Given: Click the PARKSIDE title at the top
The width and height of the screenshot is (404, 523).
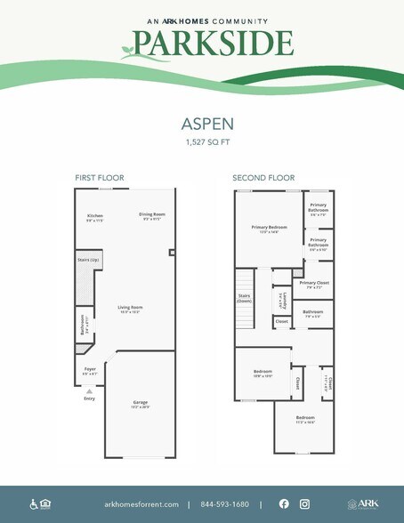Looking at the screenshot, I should coord(213,43).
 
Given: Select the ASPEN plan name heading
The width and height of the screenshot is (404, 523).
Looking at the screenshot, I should coord(202,126).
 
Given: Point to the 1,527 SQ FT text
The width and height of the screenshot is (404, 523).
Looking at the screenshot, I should coord(202,142).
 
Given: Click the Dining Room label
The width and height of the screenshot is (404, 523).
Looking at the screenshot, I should coord(152,216).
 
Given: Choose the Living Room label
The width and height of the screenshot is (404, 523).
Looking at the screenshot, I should coord(131,310).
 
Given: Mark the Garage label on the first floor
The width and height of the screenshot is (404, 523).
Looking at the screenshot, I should coord(141,405).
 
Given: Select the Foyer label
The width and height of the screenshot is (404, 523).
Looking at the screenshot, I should coord(90,369).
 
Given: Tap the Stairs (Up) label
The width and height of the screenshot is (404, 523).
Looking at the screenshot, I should coord(89,260).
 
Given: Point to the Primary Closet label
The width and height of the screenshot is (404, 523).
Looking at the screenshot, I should coord(314,283).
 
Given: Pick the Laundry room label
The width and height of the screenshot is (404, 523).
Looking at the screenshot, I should coord(282,299).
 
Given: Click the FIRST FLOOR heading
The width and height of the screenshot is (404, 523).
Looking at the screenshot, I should coord(93,178).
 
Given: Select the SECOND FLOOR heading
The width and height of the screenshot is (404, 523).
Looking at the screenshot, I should coord(263,178).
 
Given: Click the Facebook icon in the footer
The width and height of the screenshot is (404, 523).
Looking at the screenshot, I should coord(284,503).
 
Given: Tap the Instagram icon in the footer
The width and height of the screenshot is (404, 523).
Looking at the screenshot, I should coord(304,503).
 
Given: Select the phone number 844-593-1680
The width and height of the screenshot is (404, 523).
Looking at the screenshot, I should coord(224,504).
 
